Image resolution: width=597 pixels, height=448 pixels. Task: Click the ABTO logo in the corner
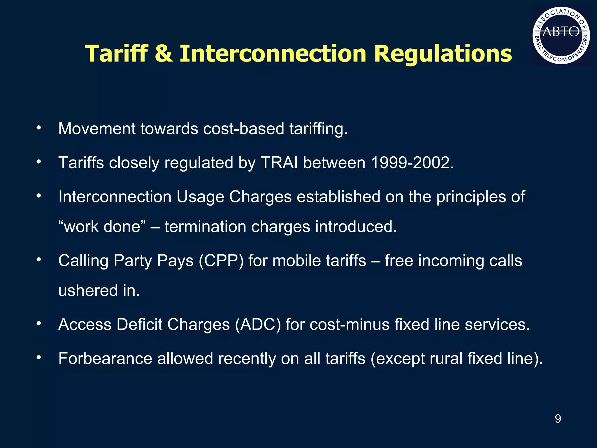[561, 35]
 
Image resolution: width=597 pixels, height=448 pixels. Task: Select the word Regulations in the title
[443, 54]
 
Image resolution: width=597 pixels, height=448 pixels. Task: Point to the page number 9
[558, 419]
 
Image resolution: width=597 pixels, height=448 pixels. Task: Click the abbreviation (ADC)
[258, 324]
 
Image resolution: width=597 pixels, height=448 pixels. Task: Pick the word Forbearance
[105, 358]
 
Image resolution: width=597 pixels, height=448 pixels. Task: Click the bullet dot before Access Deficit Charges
[39, 323]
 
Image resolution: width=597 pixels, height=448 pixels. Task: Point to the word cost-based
[244, 129]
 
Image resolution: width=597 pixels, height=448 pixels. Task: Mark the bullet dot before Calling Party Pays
[39, 260]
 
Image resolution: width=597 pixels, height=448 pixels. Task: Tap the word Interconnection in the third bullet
[115, 197]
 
